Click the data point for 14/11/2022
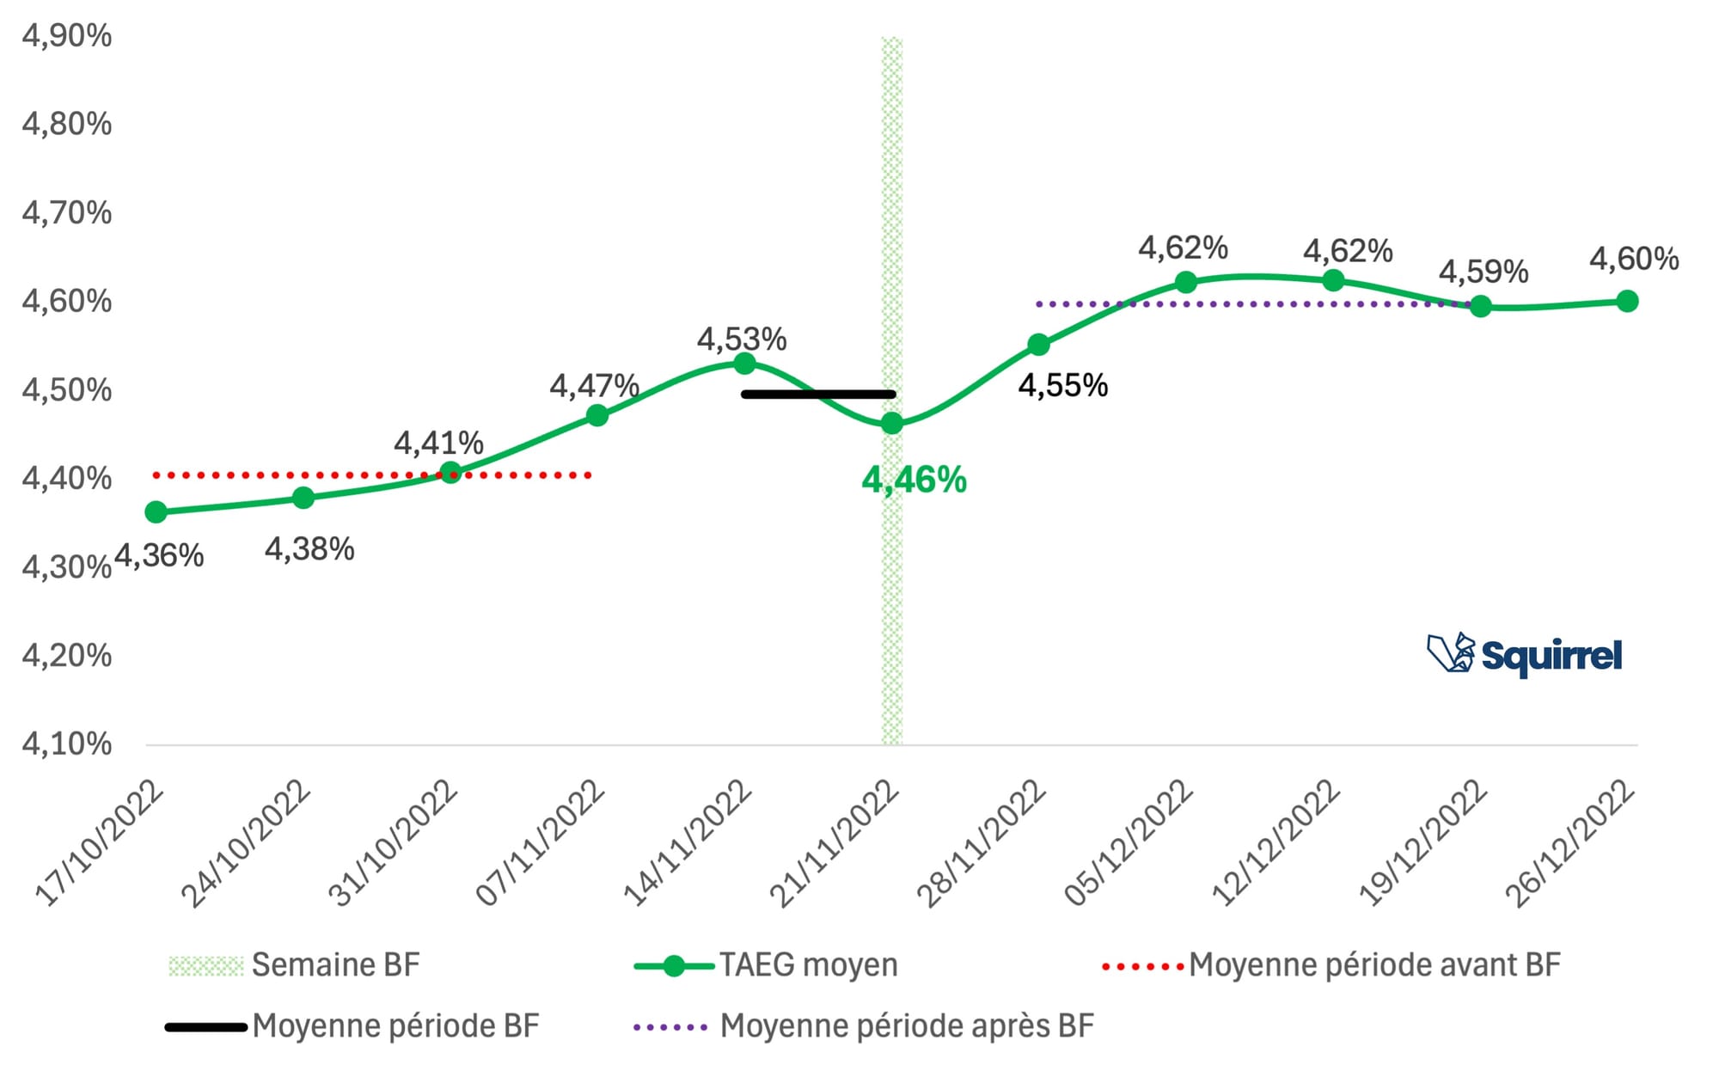[744, 363]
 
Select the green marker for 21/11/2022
[892, 423]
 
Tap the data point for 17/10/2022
[156, 512]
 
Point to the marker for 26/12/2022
[1626, 301]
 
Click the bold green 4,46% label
[914, 480]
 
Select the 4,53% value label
[741, 340]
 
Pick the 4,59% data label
[1483, 272]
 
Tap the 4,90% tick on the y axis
[67, 36]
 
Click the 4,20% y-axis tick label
[67, 656]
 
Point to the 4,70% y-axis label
[67, 212]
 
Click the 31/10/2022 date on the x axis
[393, 842]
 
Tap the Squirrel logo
[1525, 655]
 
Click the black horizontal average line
[818, 395]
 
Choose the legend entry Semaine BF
[295, 965]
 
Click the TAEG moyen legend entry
[766, 965]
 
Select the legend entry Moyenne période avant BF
[1331, 965]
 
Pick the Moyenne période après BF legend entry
[864, 1026]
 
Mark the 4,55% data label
[1062, 386]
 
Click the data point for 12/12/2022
[1333, 280]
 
